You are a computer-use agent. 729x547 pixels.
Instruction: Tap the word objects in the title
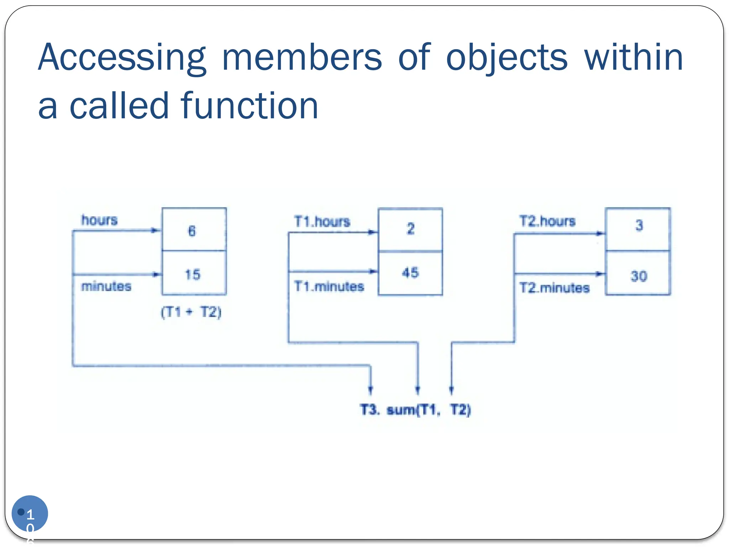tap(507, 58)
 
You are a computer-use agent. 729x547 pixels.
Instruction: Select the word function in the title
tap(249, 106)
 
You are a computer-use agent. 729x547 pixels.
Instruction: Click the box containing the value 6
tap(194, 230)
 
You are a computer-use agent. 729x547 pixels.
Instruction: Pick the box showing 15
tap(194, 273)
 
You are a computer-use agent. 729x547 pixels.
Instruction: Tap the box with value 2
tap(410, 230)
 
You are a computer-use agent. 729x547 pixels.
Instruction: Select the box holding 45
tap(410, 273)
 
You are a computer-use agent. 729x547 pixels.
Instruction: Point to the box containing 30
tap(638, 273)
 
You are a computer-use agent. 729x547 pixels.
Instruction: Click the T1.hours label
tap(322, 222)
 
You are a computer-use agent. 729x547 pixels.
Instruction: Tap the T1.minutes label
tap(329, 286)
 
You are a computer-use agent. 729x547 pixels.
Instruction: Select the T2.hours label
tap(547, 221)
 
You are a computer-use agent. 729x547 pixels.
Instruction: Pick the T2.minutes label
tap(554, 287)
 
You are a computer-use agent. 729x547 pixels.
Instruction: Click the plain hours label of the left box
tap(99, 220)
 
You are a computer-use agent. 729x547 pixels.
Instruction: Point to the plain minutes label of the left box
tap(106, 286)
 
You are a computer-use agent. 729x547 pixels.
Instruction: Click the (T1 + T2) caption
tap(191, 312)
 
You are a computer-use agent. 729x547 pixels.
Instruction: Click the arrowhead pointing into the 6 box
tap(156, 230)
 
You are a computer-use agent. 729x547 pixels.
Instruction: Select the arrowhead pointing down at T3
tap(371, 389)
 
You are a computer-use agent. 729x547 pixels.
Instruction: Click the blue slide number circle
tap(30, 513)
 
